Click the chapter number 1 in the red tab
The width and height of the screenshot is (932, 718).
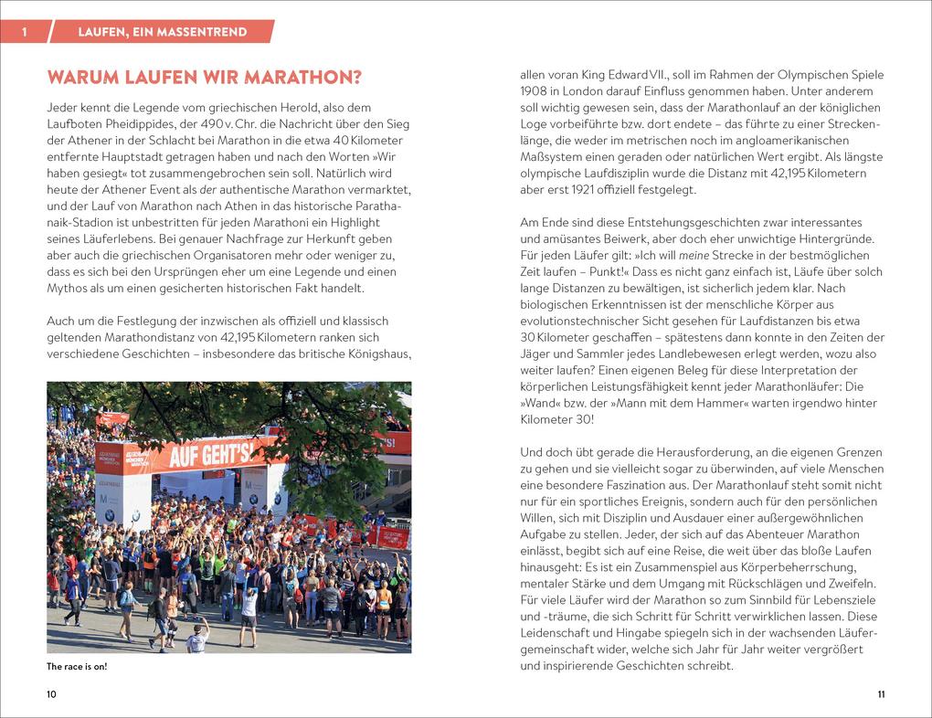click(x=25, y=32)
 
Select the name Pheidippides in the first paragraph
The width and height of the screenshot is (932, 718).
click(x=133, y=123)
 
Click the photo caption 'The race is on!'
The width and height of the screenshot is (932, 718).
click(x=77, y=667)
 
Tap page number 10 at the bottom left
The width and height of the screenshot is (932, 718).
click(x=51, y=695)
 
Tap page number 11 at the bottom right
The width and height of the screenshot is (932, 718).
click(x=880, y=695)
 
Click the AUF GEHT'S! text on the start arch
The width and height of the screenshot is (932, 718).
click(x=209, y=451)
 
